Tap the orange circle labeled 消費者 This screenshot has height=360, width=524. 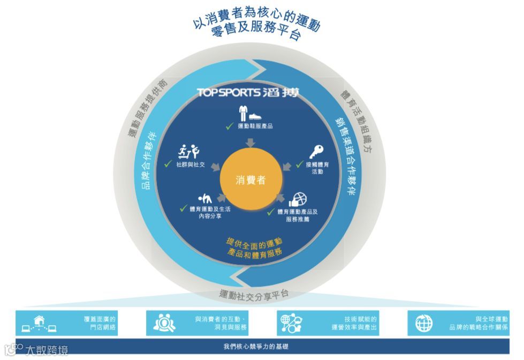(x=250, y=180)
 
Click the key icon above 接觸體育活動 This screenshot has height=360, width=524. (x=317, y=152)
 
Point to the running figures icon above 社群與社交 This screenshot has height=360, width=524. (x=188, y=152)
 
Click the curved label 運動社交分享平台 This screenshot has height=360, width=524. (x=254, y=294)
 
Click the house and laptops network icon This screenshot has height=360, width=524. (x=39, y=323)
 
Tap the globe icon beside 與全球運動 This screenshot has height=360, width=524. (x=424, y=323)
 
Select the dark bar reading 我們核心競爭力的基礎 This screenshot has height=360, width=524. (x=262, y=347)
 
